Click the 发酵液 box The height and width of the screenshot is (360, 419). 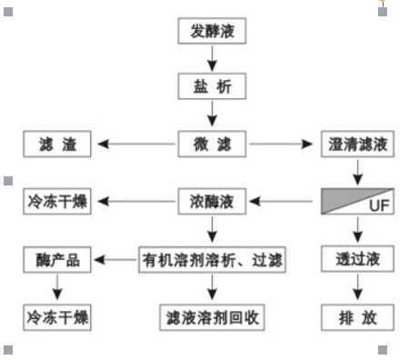[212, 31]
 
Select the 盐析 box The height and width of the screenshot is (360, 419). [212, 87]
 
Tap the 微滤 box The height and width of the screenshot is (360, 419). [212, 144]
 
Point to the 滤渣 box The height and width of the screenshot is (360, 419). [56, 144]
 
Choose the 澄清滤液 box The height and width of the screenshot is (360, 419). [357, 144]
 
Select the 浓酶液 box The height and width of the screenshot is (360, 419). [212, 201]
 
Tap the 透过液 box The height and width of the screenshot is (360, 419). [357, 260]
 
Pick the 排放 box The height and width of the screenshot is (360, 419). [357, 317]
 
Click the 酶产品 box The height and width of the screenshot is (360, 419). [56, 260]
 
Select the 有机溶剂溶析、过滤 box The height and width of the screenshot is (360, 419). [212, 260]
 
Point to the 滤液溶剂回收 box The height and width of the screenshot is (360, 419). [212, 317]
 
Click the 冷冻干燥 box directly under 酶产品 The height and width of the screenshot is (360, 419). [56, 317]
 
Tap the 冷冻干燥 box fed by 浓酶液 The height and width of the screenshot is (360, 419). [56, 201]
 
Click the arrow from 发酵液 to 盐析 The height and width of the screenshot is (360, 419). [212, 59]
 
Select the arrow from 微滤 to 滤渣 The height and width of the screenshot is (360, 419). [136, 144]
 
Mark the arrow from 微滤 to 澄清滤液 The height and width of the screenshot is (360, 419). [284, 144]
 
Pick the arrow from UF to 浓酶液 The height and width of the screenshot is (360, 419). [284, 201]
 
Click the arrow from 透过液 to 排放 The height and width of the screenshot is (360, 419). [357, 288]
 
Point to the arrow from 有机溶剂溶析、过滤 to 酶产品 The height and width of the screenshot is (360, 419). [115, 260]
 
